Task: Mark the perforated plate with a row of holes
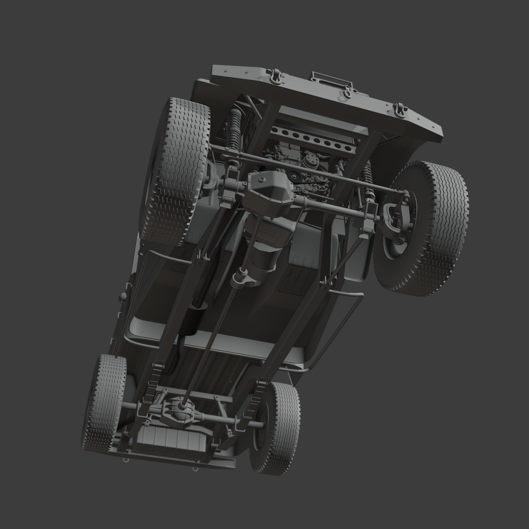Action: coord(313,140)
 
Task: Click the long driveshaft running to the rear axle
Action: coord(211,338)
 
